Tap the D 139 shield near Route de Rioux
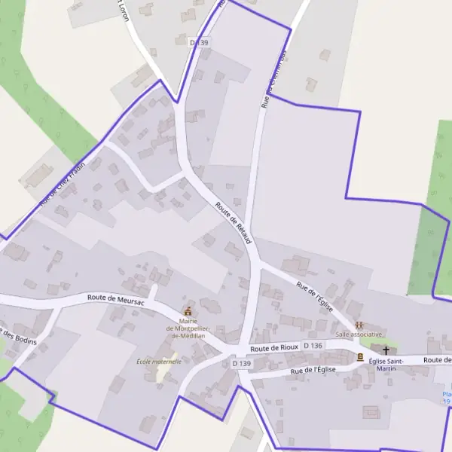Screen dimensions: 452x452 [241, 363]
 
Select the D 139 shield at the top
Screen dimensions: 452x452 [199, 43]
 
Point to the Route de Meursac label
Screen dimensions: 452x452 [115, 298]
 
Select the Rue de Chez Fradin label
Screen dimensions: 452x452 [63, 184]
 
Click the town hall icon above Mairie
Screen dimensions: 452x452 [188, 312]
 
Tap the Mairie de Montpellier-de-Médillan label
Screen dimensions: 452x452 [188, 329]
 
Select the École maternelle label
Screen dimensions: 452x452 [159, 362]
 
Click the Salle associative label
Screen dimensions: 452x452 [359, 334]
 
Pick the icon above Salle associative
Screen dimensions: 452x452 [359, 324]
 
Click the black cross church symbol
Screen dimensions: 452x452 [386, 350]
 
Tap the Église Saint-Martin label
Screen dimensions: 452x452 [386, 365]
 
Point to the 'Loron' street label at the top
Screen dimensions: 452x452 [122, 11]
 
